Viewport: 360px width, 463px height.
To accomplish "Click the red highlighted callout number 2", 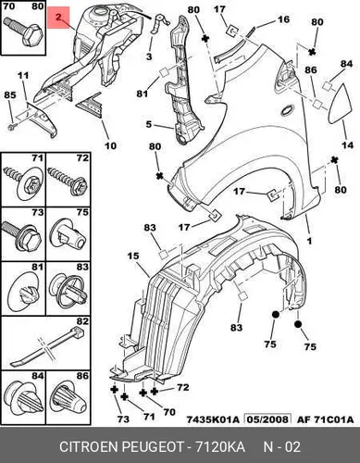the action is (x=58, y=18).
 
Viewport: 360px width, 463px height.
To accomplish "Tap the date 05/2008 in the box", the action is (x=267, y=419).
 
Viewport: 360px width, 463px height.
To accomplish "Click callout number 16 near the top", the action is (x=283, y=19).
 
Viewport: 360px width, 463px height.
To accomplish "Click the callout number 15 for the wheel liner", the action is (x=132, y=256).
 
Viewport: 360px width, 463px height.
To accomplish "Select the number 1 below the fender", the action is (x=309, y=241).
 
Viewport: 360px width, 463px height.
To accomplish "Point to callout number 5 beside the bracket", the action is (x=149, y=124).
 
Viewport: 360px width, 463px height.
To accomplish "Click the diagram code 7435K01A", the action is (x=213, y=419).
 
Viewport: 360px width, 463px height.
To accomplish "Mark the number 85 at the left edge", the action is (x=10, y=94).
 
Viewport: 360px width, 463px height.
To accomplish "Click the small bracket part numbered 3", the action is (x=159, y=24).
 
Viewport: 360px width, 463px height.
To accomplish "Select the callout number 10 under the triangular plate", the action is (x=110, y=145).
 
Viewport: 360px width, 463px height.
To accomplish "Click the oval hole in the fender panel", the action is (x=289, y=110).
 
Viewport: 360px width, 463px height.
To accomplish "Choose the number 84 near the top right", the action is (x=346, y=64).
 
